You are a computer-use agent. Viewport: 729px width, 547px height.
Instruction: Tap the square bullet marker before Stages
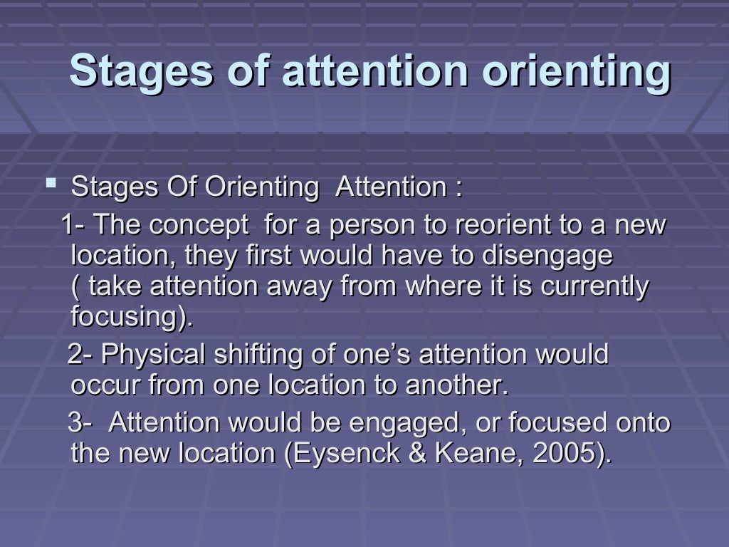tap(51, 185)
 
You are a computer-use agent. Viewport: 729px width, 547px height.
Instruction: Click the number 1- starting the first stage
tap(73, 226)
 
